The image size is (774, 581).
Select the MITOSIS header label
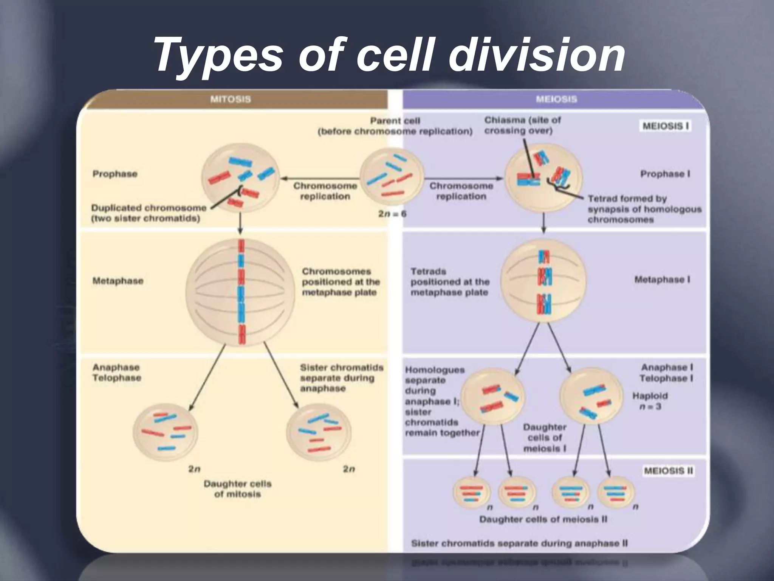pyautogui.click(x=230, y=99)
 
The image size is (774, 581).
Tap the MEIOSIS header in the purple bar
pyautogui.click(x=556, y=99)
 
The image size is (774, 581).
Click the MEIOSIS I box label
pyautogui.click(x=666, y=126)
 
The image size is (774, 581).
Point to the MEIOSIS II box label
pyautogui.click(x=668, y=471)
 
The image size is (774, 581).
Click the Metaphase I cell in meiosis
pyautogui.click(x=543, y=282)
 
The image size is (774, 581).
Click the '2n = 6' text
pyautogui.click(x=392, y=214)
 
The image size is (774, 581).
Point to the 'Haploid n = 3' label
pyautogui.click(x=650, y=401)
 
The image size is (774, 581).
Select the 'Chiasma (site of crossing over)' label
pyautogui.click(x=522, y=126)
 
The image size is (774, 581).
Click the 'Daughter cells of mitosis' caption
pyautogui.click(x=237, y=489)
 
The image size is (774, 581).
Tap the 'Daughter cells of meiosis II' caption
pyautogui.click(x=543, y=519)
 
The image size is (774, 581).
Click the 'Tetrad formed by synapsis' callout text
pyautogui.click(x=644, y=209)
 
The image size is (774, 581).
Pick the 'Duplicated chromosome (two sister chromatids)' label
pyautogui.click(x=149, y=213)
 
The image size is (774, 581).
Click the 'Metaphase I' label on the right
pyautogui.click(x=662, y=280)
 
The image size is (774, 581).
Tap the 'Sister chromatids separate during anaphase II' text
pyautogui.click(x=519, y=544)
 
